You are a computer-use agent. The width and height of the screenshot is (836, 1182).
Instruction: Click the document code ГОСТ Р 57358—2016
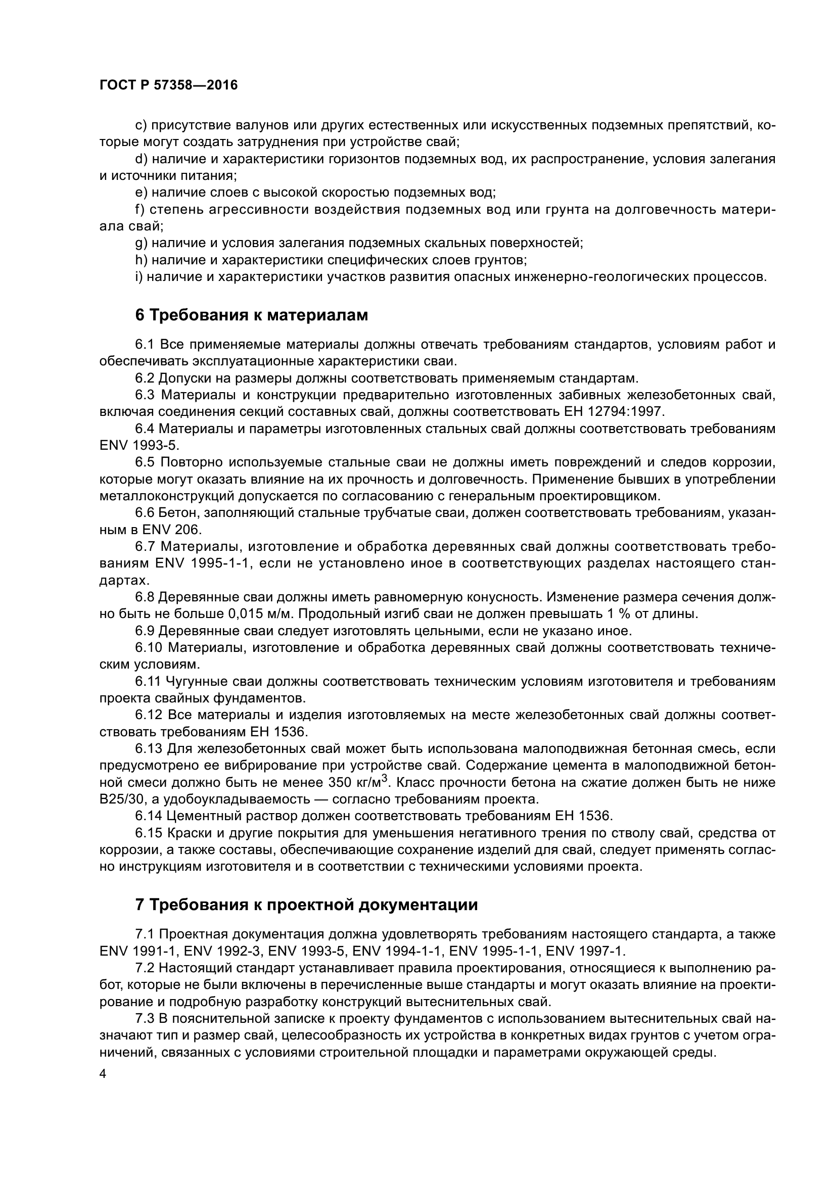(169, 85)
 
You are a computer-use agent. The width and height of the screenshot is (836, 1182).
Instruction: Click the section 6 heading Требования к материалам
(252, 314)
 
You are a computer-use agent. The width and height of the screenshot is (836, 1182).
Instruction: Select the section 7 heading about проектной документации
(306, 905)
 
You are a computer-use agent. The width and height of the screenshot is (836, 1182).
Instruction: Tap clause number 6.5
(145, 463)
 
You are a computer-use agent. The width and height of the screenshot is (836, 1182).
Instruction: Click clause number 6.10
(149, 648)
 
